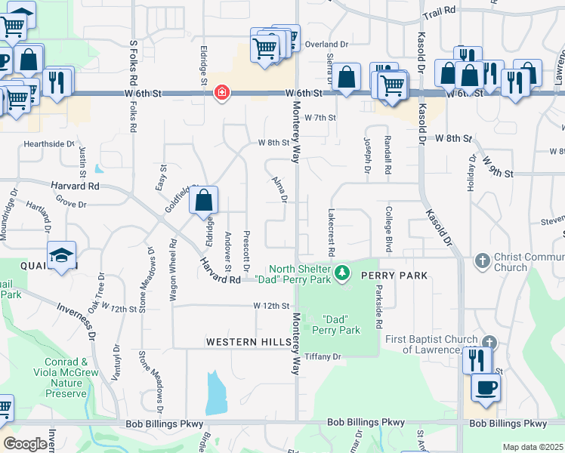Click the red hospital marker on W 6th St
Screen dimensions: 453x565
click(x=222, y=93)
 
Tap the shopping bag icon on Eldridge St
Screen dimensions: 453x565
click(x=203, y=201)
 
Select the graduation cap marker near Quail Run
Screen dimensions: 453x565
click(x=62, y=255)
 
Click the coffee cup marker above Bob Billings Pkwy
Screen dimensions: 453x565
click(x=485, y=388)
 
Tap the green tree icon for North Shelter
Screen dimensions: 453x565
click(x=342, y=270)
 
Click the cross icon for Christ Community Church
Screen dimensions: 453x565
click(x=483, y=261)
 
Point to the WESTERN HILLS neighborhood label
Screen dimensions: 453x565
click(x=249, y=343)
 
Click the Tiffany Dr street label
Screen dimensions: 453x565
click(x=323, y=356)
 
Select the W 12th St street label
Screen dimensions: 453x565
click(x=271, y=306)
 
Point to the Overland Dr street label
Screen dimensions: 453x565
click(x=326, y=45)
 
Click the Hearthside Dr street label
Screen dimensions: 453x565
click(x=50, y=143)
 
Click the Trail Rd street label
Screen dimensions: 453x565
click(x=440, y=12)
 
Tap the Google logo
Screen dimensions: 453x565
click(x=26, y=443)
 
